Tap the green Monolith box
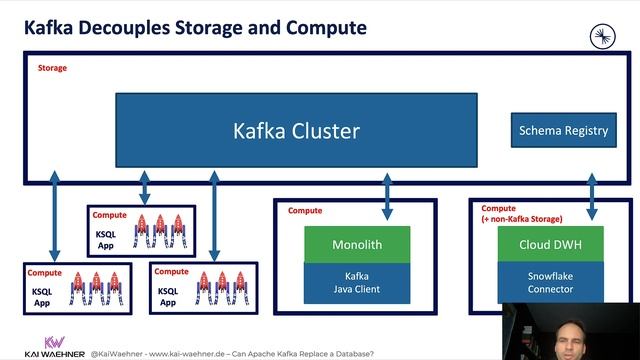(357, 244)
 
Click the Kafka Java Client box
(357, 282)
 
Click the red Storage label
(52, 68)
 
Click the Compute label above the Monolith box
(305, 211)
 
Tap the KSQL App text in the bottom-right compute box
(168, 296)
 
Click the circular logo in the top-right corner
(603, 36)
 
